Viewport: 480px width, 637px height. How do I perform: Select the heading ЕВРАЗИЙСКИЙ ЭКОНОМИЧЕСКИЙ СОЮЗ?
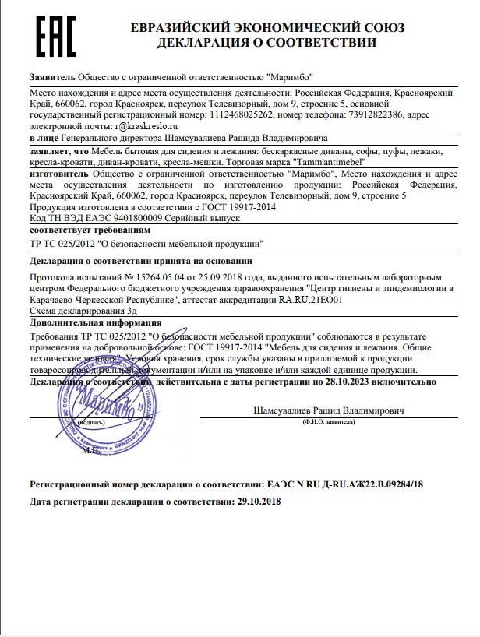[x=268, y=28]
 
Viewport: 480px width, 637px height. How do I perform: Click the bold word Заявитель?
[x=51, y=78]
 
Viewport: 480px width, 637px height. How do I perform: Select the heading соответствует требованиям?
[x=86, y=231]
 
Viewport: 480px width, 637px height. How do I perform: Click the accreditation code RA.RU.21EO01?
[x=311, y=298]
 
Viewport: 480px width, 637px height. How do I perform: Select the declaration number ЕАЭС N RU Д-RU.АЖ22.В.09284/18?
[x=340, y=484]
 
